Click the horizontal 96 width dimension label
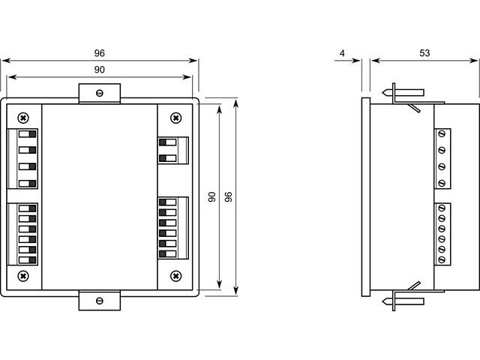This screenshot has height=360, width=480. (x=99, y=53)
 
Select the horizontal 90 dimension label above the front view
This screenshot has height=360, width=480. (x=99, y=69)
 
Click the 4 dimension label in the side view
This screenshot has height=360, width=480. (x=342, y=53)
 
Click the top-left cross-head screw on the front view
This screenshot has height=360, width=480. (x=24, y=117)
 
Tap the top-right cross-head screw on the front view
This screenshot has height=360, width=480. (x=175, y=117)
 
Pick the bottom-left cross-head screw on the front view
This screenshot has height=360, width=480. (x=24, y=276)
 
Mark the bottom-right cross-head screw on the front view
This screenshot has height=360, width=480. (x=175, y=276)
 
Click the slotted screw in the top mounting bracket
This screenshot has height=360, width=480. (x=100, y=93)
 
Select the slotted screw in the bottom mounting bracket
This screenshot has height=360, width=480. (x=100, y=301)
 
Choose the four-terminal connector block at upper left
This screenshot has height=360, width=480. (x=24, y=158)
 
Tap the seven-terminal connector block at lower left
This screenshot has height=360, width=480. (x=24, y=233)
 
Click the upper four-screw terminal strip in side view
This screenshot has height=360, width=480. (x=442, y=158)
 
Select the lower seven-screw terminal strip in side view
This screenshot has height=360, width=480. (x=442, y=233)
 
